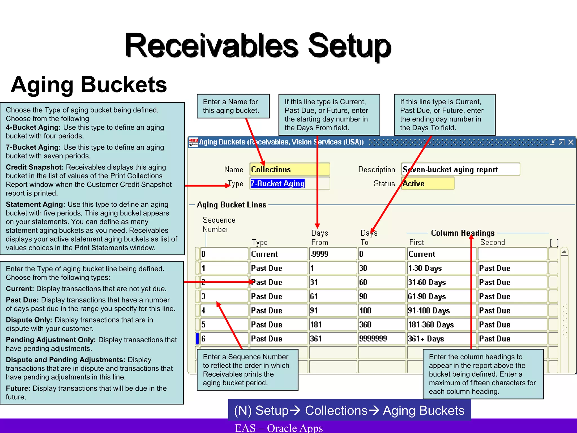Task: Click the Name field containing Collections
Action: [289, 169]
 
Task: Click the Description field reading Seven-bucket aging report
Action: [460, 169]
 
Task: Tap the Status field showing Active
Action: [428, 184]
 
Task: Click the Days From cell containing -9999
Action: [333, 254]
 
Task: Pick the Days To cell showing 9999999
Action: [381, 339]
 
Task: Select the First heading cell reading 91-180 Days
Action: [441, 310]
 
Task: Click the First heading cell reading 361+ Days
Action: [441, 339]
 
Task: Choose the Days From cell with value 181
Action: [333, 324]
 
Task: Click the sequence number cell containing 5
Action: [224, 324]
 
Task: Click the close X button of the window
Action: [571, 142]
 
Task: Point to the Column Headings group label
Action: [463, 233]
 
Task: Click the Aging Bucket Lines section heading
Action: [231, 205]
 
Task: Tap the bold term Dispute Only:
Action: [29, 320]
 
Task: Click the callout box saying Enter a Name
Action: [233, 106]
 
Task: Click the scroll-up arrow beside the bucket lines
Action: [564, 252]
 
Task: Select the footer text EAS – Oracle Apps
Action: [279, 428]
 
